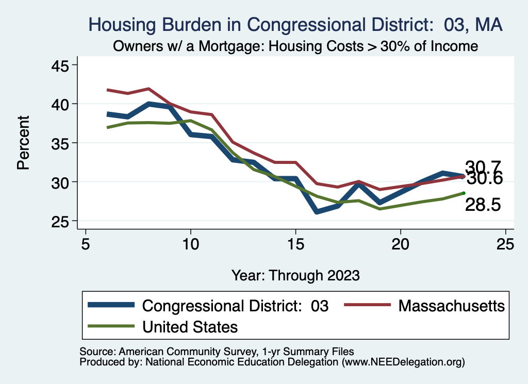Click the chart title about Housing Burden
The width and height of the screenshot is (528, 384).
pyautogui.click(x=295, y=24)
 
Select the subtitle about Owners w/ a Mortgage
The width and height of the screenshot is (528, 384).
pyautogui.click(x=295, y=46)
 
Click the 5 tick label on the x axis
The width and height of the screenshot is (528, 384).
pyautogui.click(x=86, y=244)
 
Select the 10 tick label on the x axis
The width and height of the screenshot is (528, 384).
pyautogui.click(x=191, y=244)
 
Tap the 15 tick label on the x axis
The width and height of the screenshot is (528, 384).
pyautogui.click(x=296, y=244)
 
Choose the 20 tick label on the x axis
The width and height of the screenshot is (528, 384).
pyautogui.click(x=401, y=244)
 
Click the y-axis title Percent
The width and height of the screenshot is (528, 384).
pyautogui.click(x=23, y=143)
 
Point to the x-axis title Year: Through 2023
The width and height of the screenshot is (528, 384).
pyautogui.click(x=295, y=274)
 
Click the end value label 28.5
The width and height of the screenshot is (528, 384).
pyautogui.click(x=483, y=205)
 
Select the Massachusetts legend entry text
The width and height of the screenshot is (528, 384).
pyautogui.click(x=451, y=306)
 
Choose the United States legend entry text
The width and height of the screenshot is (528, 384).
pyautogui.click(x=190, y=327)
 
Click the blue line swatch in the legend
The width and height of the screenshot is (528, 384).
pyautogui.click(x=111, y=305)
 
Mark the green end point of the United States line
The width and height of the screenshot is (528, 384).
pyautogui.click(x=464, y=193)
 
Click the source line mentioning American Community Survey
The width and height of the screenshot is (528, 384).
pyautogui.click(x=217, y=352)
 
